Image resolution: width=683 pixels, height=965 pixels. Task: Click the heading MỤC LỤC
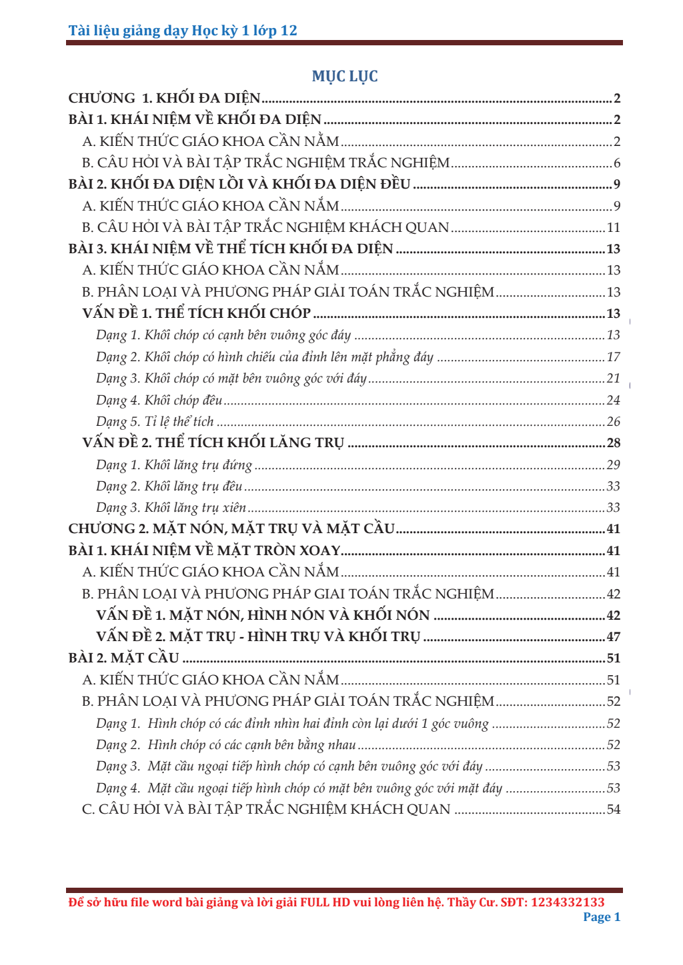coord(345,77)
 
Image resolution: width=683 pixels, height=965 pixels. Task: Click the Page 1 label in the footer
coord(602,917)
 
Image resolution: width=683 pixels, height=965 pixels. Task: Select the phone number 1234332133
coord(568,902)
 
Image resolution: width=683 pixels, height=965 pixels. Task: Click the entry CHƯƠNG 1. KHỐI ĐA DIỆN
coord(164,99)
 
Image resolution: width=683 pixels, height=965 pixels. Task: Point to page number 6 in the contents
coord(617,163)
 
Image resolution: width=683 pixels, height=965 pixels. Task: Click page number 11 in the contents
coord(614,228)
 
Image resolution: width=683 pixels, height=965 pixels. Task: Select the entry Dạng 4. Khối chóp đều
coord(159,401)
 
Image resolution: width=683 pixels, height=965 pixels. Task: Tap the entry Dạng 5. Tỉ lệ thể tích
coord(155,422)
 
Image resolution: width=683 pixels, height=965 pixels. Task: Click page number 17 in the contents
coord(614,357)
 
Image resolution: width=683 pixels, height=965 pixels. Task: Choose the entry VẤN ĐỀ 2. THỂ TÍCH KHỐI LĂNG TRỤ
coord(213,443)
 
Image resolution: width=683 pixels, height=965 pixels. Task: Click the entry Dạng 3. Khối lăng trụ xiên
coord(171,508)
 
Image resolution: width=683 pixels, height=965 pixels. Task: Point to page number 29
coord(614,465)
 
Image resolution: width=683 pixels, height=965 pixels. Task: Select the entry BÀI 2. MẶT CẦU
coord(124,658)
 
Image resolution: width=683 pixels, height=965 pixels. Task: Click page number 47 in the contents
coord(614,637)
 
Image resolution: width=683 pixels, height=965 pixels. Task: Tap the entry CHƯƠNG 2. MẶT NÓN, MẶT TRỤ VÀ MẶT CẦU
coord(231,529)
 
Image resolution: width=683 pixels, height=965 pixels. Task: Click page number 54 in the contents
coord(614,810)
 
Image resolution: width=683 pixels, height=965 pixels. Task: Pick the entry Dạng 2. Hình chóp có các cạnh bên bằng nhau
coord(225,745)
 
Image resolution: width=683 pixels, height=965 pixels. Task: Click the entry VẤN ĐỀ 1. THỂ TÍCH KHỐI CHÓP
coord(196,314)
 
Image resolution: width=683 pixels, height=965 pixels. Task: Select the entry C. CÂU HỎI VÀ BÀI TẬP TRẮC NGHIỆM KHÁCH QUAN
coord(266,810)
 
